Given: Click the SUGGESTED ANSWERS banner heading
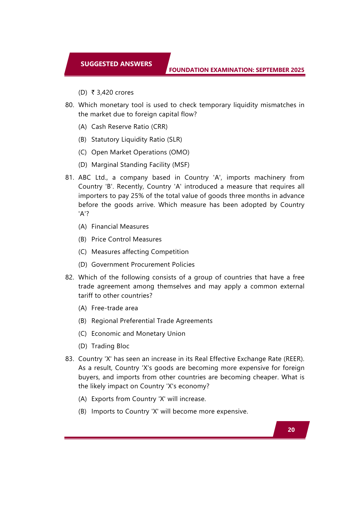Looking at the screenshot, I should click(x=116, y=64).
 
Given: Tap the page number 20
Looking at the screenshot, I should click(x=291, y=430).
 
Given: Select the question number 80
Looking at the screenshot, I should click(x=70, y=105).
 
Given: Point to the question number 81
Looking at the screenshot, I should click(x=70, y=178).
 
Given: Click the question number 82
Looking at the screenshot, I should click(x=70, y=277).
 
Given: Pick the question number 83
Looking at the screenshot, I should click(x=70, y=359).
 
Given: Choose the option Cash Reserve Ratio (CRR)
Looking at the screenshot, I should click(x=129, y=127).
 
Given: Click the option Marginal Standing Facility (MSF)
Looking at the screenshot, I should click(x=140, y=165).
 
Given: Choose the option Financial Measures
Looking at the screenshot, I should click(x=120, y=227).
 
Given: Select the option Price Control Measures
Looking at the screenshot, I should click(x=126, y=239).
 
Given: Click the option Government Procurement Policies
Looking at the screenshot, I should click(x=143, y=265).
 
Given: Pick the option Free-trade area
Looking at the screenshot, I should click(x=115, y=308).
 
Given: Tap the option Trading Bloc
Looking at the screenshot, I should click(x=110, y=346).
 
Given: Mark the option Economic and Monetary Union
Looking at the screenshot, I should click(x=138, y=334).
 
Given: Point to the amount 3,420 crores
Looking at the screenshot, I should click(x=115, y=93).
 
